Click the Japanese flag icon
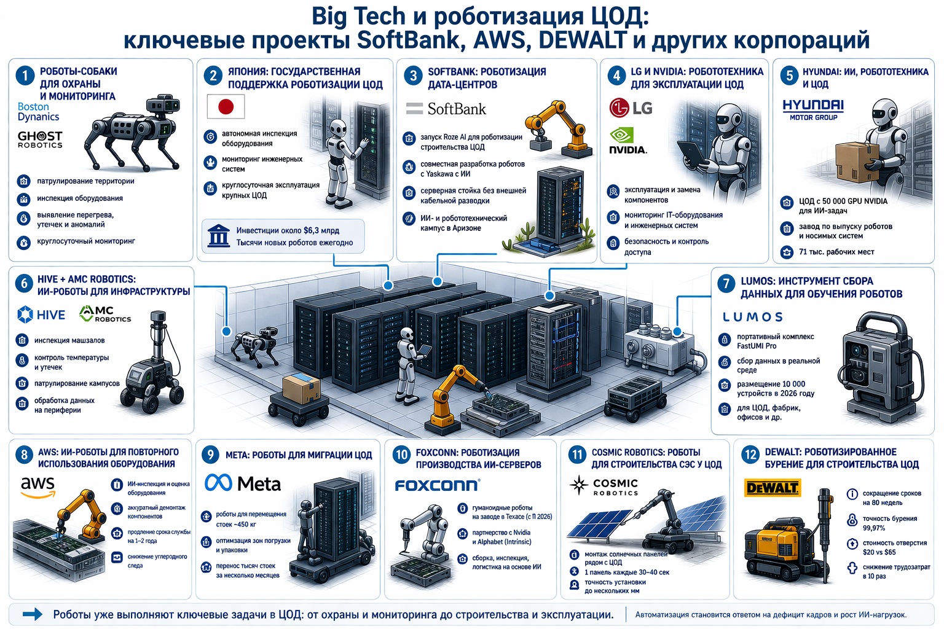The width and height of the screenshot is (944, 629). click(x=226, y=107)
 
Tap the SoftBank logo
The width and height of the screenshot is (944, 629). click(x=446, y=109)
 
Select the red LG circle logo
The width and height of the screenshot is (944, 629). click(x=619, y=108)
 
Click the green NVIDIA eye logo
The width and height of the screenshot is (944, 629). click(x=621, y=136)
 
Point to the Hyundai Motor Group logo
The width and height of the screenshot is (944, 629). click(x=813, y=109)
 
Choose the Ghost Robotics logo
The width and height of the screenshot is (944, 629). click(x=40, y=139)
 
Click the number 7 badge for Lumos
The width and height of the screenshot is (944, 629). click(x=726, y=284)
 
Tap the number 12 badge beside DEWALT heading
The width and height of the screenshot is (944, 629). click(x=750, y=455)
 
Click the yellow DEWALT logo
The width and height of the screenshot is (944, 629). click(x=772, y=488)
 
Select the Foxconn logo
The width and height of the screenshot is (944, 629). click(x=438, y=485)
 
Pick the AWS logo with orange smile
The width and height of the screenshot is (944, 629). click(x=38, y=487)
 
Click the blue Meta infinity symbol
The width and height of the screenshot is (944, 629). click(x=218, y=483)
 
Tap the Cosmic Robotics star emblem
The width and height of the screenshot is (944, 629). click(x=579, y=485)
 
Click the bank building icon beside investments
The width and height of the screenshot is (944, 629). click(x=219, y=236)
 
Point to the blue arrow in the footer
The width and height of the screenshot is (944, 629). click(x=33, y=614)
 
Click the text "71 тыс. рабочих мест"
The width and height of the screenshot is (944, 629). click(x=836, y=252)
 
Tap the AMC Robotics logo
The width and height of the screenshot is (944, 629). click(x=105, y=314)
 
